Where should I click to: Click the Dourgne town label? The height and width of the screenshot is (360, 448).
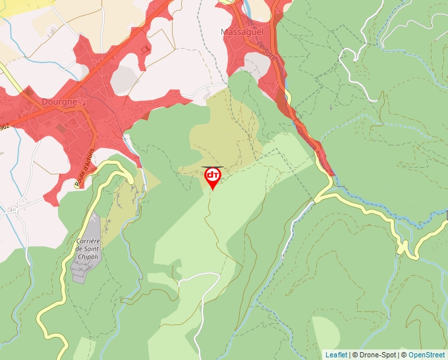pyautogui.click(x=59, y=102)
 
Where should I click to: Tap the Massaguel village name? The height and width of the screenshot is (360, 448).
pyautogui.click(x=241, y=32)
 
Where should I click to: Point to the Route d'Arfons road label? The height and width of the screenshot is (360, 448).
pyautogui.click(x=84, y=168)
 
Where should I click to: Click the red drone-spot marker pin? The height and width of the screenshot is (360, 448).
pyautogui.click(x=213, y=177)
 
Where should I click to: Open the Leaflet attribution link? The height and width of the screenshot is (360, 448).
pyautogui.click(x=336, y=355)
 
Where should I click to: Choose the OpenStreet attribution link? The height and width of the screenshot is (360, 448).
pyautogui.click(x=426, y=355)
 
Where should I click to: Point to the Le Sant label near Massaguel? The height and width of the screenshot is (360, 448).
pyautogui.click(x=266, y=49)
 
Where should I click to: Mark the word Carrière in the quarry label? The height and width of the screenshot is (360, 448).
pyautogui.click(x=88, y=241)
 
